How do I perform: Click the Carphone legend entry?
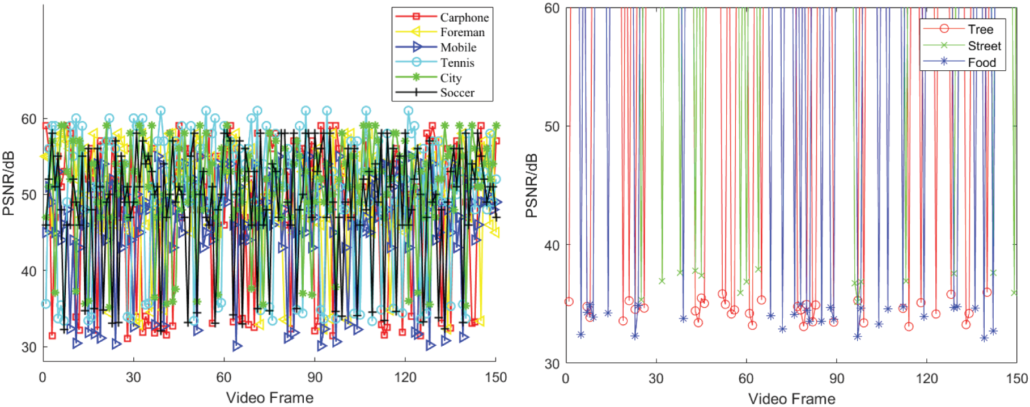[x=464, y=18]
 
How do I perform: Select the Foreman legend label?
[x=462, y=32]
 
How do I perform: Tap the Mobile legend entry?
[x=458, y=48]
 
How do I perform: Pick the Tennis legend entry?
[x=457, y=63]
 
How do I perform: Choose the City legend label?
[x=451, y=78]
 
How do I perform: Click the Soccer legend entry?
[x=457, y=92]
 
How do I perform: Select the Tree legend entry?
[x=980, y=29]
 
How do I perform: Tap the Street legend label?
[x=984, y=46]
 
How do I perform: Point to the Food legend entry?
[x=982, y=62]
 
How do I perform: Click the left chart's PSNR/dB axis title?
[x=9, y=183]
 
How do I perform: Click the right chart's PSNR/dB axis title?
[x=531, y=185]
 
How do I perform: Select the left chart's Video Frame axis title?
[x=270, y=398]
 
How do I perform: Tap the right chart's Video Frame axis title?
[x=792, y=399]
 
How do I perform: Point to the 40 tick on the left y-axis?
[x=29, y=272]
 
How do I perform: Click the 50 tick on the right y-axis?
[x=552, y=126]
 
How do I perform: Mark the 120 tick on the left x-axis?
[x=405, y=378]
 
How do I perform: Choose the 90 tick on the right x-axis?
[x=837, y=379]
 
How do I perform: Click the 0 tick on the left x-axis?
[x=43, y=378]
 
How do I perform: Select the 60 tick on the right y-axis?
[x=552, y=9]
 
